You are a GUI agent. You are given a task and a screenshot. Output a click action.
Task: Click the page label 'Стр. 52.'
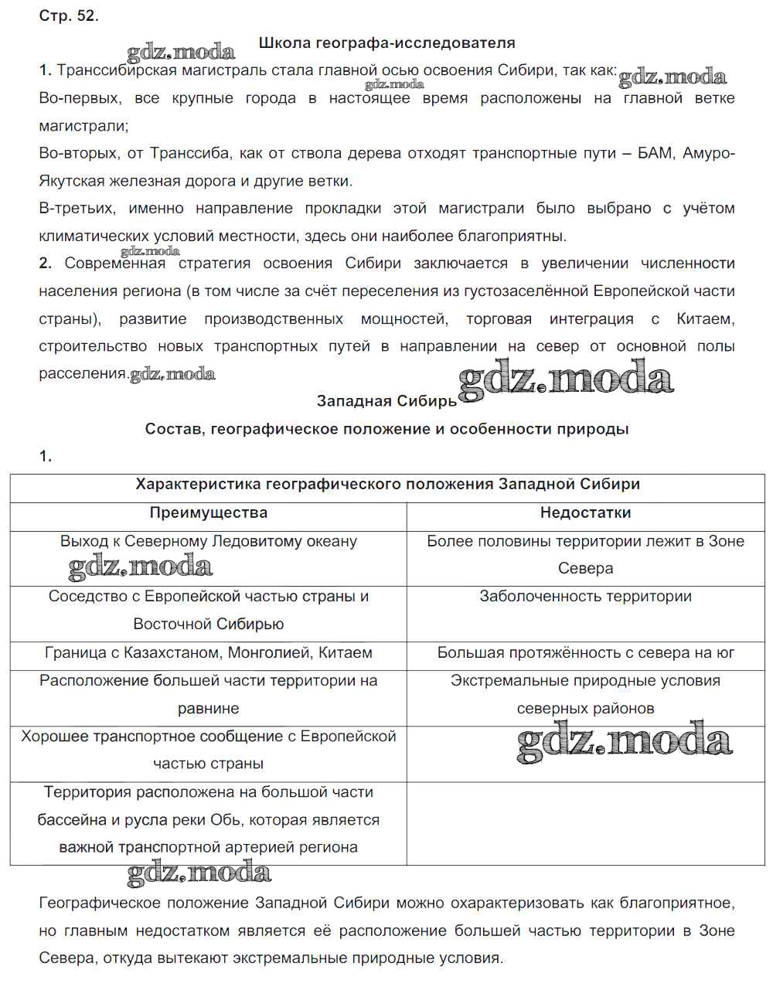[x=68, y=15]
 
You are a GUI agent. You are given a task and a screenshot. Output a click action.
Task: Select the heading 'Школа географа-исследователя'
[x=386, y=43]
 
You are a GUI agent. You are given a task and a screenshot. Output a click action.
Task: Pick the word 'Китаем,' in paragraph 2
[x=705, y=318]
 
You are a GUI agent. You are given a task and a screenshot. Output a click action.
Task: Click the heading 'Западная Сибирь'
[x=386, y=401]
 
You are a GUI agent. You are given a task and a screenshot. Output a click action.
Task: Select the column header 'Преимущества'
[x=208, y=512]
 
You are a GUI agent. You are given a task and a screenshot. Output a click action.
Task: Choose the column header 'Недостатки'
[x=585, y=512]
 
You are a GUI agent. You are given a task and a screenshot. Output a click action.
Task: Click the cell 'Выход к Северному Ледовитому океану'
[x=208, y=541]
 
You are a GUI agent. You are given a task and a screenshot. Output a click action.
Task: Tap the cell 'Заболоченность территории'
[x=585, y=597]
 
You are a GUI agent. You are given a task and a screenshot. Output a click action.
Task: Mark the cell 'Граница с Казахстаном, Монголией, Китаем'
[x=208, y=653]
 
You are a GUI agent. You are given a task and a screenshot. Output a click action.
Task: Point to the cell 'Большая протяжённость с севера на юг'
[x=585, y=653]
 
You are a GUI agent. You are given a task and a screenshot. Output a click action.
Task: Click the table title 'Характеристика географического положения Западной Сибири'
[x=387, y=485]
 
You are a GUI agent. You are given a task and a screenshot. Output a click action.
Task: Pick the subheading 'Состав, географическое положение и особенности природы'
[x=386, y=429]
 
